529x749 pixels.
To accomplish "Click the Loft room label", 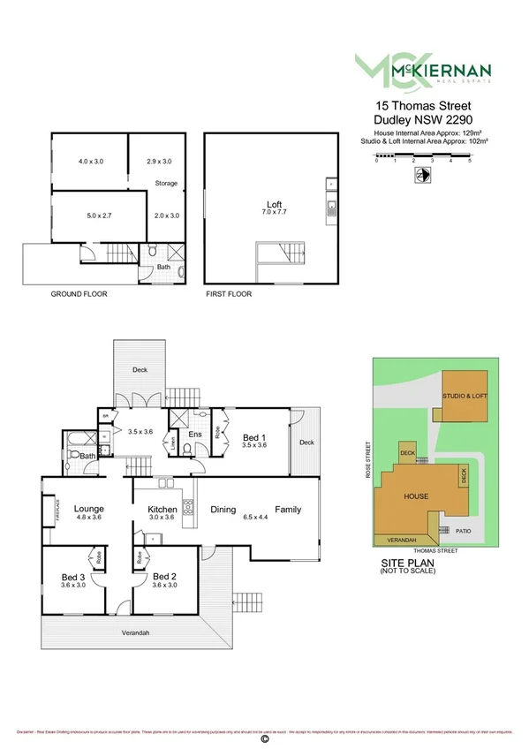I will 268,204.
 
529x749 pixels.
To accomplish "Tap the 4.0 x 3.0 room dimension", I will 91,162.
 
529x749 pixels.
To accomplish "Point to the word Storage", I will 167,184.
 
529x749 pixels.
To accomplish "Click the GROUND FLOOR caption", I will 79,293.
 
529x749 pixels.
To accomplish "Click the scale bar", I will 423,155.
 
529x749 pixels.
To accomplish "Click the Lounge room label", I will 89,509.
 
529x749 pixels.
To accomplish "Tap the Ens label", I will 194,435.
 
